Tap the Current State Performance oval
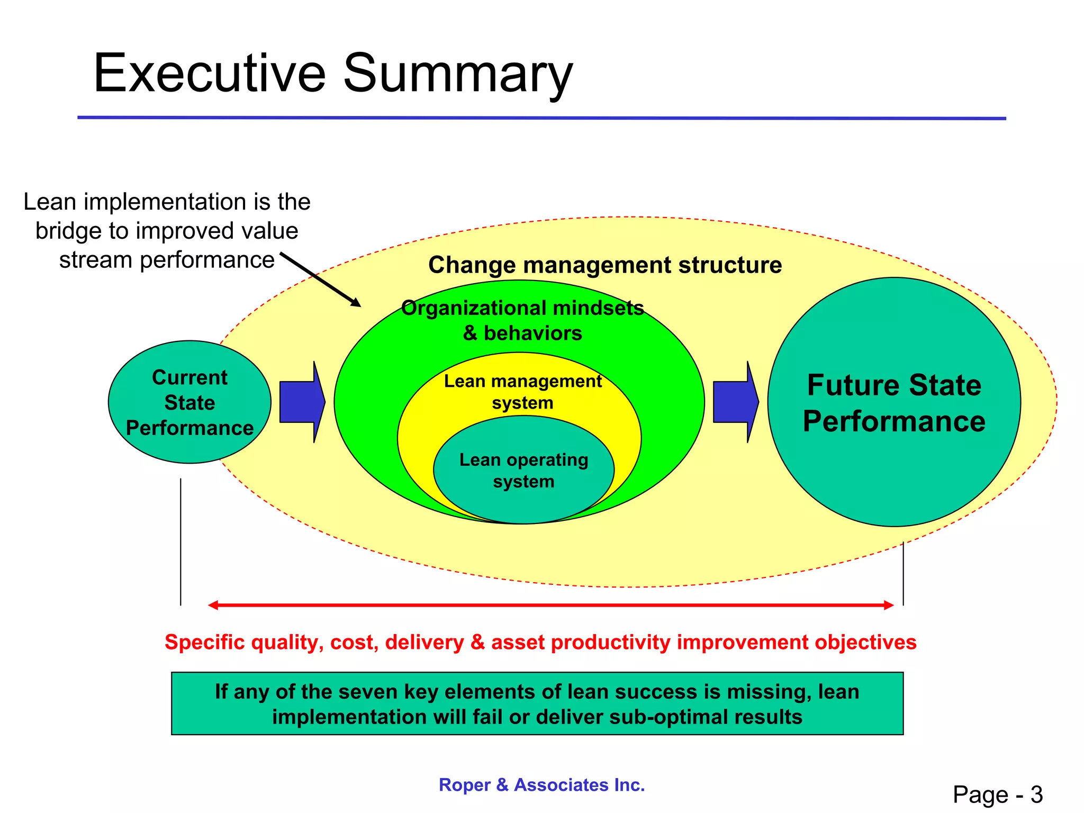click(189, 402)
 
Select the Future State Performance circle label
click(894, 403)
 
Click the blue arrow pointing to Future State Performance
click(735, 402)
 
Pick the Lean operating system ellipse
click(523, 471)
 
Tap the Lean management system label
click(522, 392)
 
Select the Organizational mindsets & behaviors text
click(522, 320)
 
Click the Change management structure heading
click(605, 265)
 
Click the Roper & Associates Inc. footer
click(541, 784)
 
